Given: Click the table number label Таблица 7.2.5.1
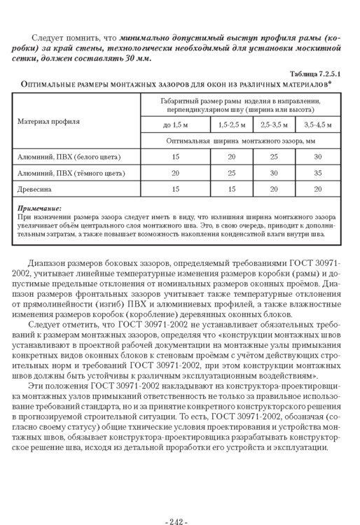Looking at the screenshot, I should pyautogui.click(x=314, y=73).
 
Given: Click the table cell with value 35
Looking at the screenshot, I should pyautogui.click(x=318, y=172).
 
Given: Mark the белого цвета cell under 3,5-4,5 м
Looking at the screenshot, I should pyautogui.click(x=318, y=156).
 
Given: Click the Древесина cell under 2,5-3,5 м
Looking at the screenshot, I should pyautogui.click(x=275, y=188).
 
